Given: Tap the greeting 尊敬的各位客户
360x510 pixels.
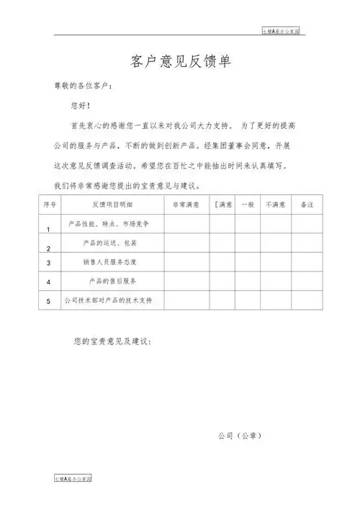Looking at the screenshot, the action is coord(83,86).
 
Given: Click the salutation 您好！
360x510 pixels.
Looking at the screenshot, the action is coord(81,106).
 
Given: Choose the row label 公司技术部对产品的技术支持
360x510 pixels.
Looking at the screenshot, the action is coord(112,299).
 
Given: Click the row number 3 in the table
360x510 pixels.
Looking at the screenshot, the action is coord(48,263).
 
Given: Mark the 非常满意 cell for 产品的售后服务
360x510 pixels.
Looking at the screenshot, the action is coord(186,280).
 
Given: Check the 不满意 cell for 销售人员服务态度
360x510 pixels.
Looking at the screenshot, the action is coord(276,261).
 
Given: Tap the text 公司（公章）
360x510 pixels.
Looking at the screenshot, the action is coord(240,436).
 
